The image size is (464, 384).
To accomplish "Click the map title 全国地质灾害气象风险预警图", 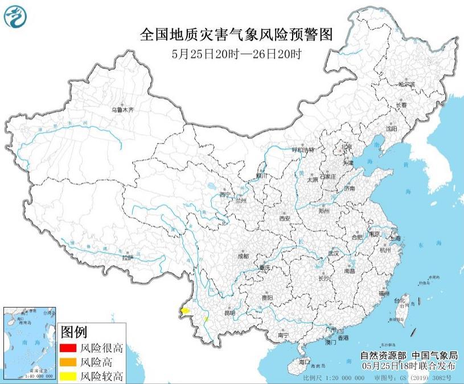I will pos(236,35).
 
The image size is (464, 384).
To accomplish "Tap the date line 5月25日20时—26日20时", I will pos(236,55).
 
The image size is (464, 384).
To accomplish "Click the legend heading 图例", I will pos(73,332).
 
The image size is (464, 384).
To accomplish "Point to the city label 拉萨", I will pos(127,258).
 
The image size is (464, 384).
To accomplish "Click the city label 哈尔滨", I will pos(406,84).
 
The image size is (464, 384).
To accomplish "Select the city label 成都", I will pos(243,257).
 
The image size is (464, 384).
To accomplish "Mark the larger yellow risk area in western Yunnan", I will pos(184,311).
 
